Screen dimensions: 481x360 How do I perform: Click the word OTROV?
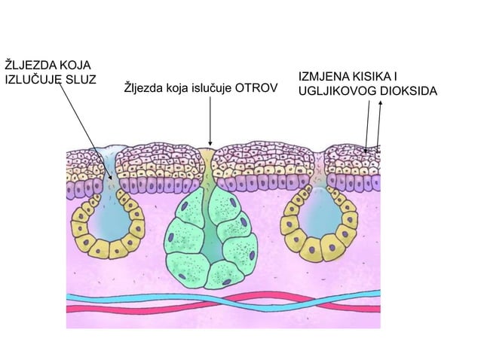click(x=256, y=88)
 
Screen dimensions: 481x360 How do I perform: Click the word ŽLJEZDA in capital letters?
click(x=26, y=66)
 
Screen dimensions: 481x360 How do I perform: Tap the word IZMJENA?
click(x=320, y=76)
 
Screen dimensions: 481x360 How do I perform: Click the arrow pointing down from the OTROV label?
click(x=210, y=121)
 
